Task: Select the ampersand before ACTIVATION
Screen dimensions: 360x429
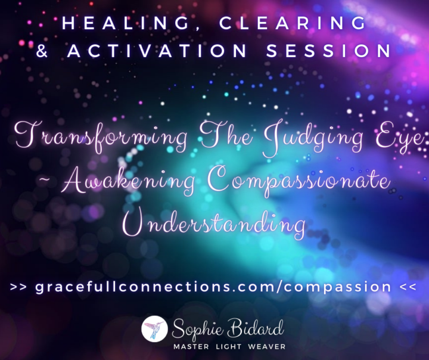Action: click(42, 51)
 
